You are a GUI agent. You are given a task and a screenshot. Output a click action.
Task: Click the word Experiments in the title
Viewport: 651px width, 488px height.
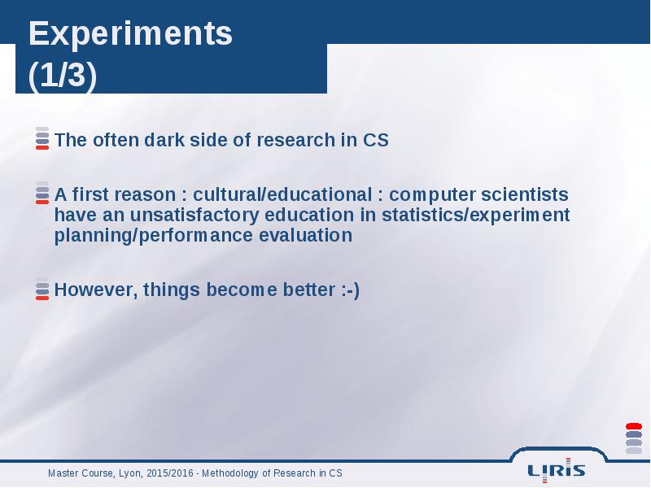[130, 35]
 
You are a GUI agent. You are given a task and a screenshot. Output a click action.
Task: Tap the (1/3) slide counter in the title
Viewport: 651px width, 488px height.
[63, 76]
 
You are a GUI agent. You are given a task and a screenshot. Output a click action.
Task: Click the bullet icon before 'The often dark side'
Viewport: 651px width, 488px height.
[42, 138]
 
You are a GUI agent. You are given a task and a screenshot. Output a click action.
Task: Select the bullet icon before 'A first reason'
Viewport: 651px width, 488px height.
[42, 193]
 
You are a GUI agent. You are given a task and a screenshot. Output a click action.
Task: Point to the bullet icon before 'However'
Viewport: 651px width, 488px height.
[42, 289]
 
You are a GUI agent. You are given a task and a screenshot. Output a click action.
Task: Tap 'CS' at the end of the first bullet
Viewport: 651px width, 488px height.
[376, 140]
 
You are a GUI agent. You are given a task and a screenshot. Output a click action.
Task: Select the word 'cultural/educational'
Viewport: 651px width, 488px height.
[282, 194]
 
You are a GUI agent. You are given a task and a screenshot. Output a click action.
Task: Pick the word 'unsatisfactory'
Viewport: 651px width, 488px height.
[194, 215]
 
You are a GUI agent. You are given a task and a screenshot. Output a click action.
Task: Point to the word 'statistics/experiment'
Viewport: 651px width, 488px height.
[476, 215]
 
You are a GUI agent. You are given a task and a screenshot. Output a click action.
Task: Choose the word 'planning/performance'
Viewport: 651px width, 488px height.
[154, 236]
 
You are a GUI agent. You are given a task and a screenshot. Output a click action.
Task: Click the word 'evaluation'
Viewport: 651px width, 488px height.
[306, 235]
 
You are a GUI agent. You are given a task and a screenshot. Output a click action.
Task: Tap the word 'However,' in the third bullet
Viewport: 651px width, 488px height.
[96, 290]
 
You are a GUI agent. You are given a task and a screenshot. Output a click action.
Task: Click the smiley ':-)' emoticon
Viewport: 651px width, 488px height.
[351, 290]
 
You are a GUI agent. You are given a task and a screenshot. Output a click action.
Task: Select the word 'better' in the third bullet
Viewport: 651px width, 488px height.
[309, 290]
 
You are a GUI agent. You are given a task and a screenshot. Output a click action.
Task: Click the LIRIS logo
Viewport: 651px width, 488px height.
[557, 470]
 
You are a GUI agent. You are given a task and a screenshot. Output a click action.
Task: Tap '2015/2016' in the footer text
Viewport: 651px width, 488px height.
[170, 473]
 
